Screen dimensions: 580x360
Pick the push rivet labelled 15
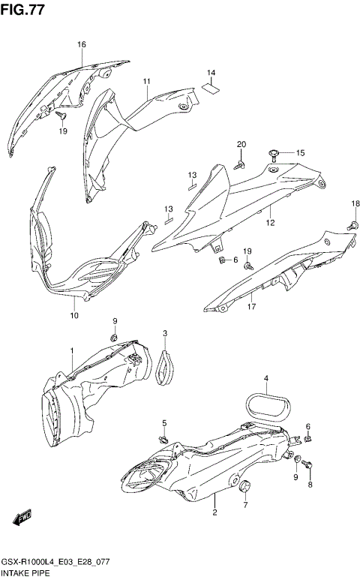275,155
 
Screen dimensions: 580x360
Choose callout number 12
270,223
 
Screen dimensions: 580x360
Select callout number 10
74,316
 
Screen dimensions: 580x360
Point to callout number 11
147,81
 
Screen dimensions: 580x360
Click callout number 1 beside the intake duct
72,351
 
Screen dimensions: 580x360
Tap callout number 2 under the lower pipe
214,513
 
